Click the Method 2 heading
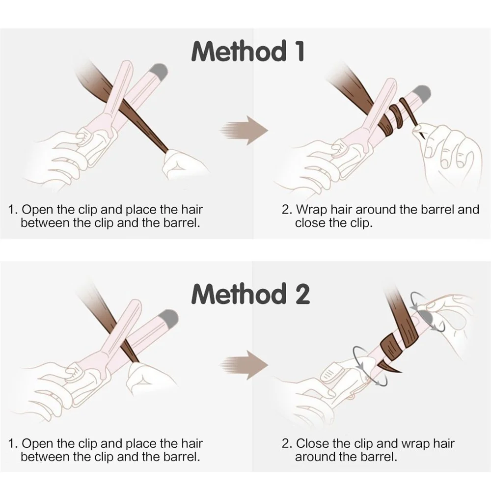[250, 294]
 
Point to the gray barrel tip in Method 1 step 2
[421, 92]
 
